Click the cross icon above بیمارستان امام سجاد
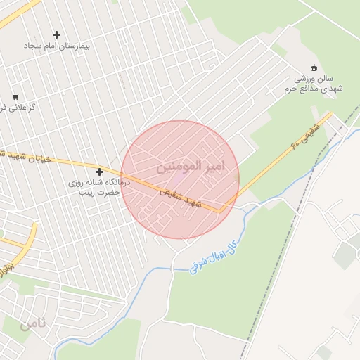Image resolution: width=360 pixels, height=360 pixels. point(57,34)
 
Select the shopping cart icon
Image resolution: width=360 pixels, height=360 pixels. point(15,97)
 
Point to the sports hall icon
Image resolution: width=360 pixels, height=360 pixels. point(314,68)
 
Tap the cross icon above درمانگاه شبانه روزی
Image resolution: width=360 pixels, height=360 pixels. point(99,172)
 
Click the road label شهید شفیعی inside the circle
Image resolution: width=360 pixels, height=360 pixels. point(180,195)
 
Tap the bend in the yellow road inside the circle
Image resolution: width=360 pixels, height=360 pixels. point(223,210)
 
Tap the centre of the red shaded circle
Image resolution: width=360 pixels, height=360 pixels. point(180,179)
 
